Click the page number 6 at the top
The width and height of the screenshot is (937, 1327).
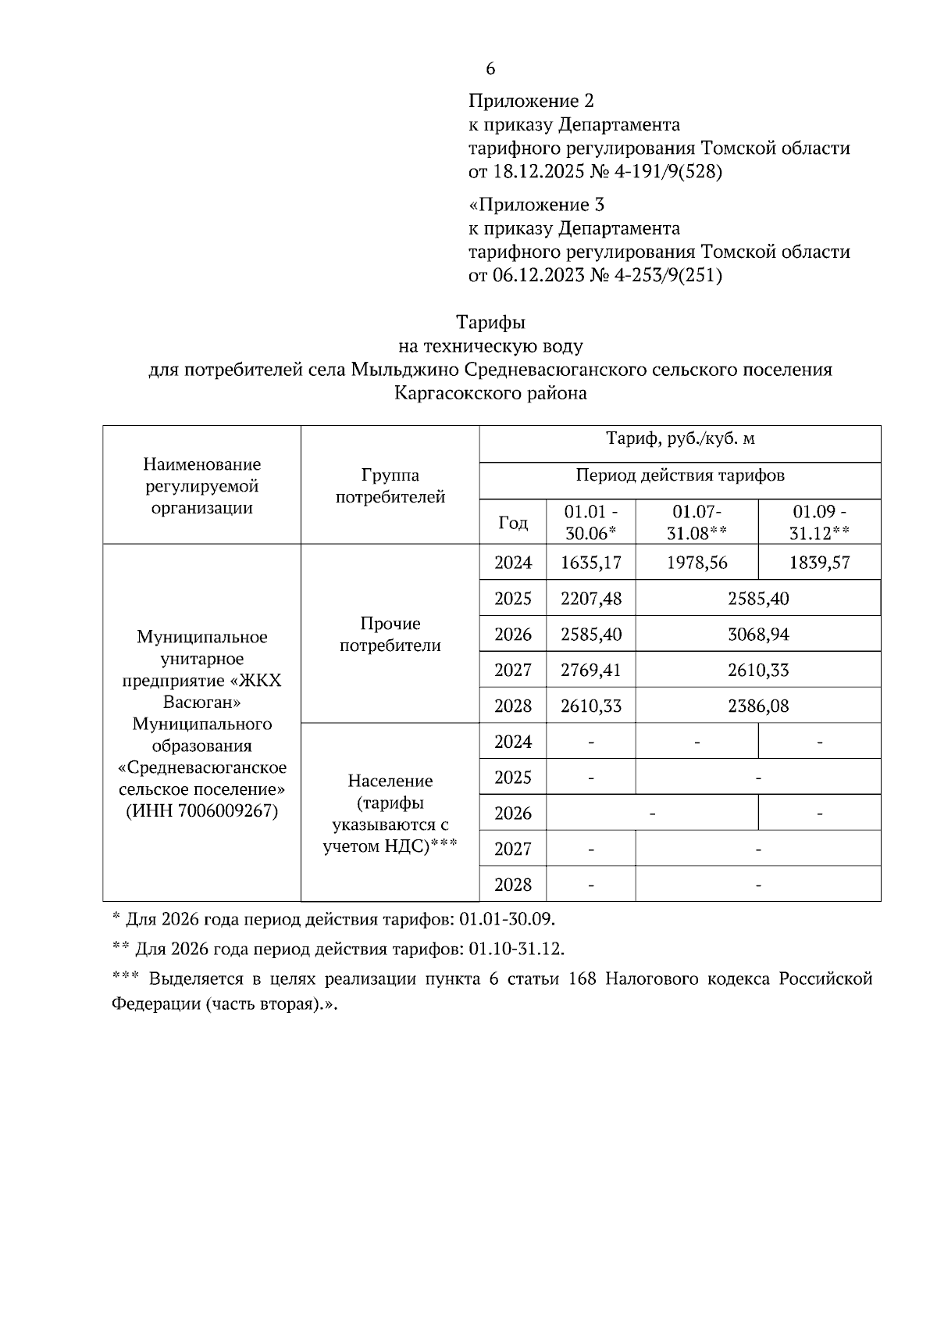pyautogui.click(x=490, y=70)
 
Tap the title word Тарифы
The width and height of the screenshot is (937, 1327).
pyautogui.click(x=490, y=323)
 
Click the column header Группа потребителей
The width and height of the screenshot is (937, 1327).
pyautogui.click(x=390, y=486)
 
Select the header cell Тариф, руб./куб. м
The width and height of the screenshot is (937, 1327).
pyautogui.click(x=680, y=439)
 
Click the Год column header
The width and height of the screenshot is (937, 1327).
pyautogui.click(x=512, y=523)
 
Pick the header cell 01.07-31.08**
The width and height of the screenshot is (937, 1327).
pyautogui.click(x=697, y=523)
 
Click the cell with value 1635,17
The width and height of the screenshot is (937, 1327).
pyautogui.click(x=591, y=563)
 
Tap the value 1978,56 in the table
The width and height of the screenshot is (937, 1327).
pyautogui.click(x=697, y=563)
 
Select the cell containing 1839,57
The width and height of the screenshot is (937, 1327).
pyautogui.click(x=819, y=563)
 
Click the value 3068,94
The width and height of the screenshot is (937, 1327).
pyautogui.click(x=758, y=635)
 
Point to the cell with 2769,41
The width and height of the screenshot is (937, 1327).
pyautogui.click(x=591, y=671)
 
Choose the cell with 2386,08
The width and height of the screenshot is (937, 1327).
pyautogui.click(x=758, y=706)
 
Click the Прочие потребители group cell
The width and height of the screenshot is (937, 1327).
pyautogui.click(x=390, y=635)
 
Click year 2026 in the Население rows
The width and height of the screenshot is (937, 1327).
pyautogui.click(x=512, y=814)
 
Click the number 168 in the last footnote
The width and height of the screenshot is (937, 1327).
pyautogui.click(x=583, y=980)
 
